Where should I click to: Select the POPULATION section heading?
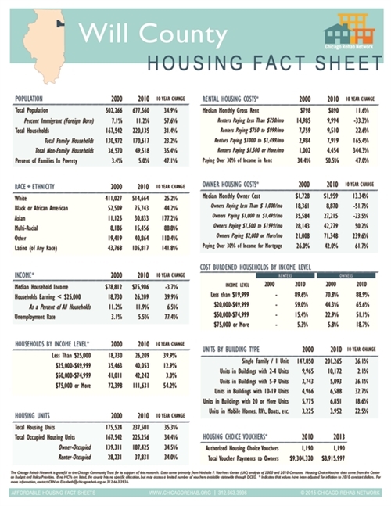click(x=34, y=99)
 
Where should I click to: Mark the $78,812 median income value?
click(x=116, y=288)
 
